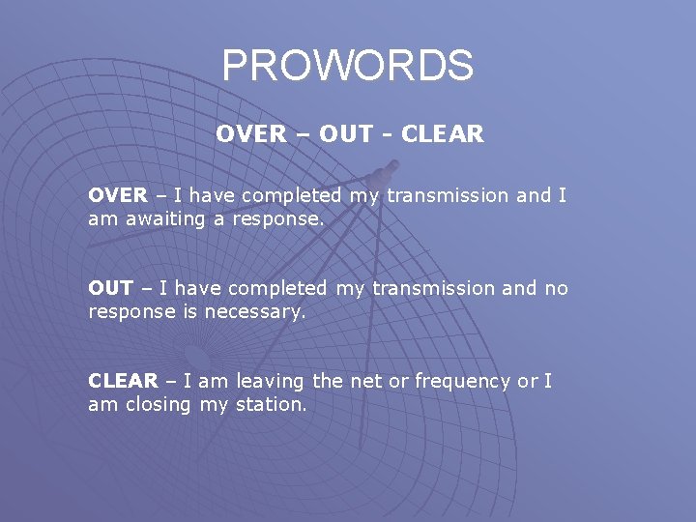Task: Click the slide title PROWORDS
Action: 348,66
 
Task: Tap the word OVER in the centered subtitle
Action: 250,134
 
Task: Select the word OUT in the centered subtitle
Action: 346,134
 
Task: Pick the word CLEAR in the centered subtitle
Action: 442,134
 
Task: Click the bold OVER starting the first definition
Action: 118,195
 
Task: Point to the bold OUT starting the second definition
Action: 110,288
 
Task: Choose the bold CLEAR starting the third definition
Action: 123,381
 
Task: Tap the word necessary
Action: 256,311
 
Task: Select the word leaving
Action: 268,382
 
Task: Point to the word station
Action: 271,405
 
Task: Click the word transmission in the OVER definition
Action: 448,195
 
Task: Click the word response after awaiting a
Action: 277,219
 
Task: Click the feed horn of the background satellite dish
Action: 379,178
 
